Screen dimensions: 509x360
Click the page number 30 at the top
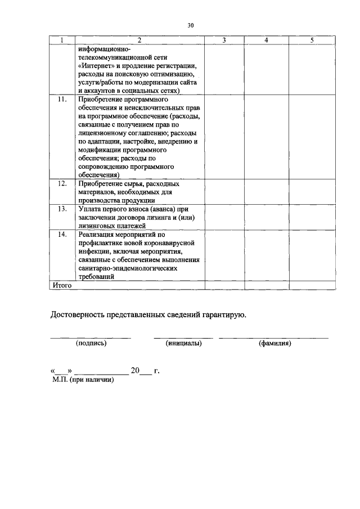point(191,25)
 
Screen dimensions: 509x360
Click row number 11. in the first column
point(62,100)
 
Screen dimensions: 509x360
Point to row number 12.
point(62,184)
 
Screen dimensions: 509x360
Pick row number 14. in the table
point(62,235)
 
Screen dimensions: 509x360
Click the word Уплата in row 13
point(92,209)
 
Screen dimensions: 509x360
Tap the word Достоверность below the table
point(81,314)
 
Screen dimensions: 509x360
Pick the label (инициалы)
point(183,343)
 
